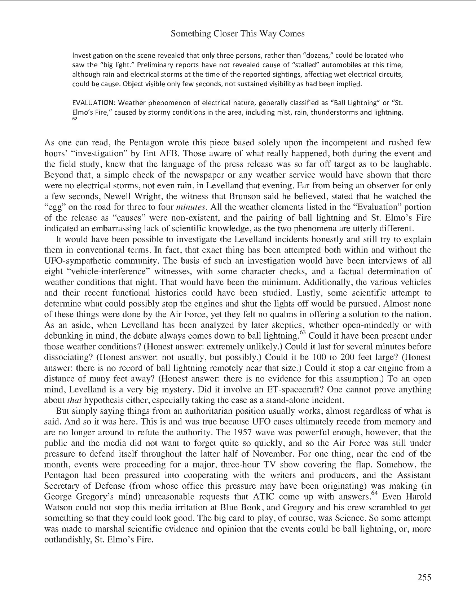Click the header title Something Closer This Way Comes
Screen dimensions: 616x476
coord(238,34)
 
